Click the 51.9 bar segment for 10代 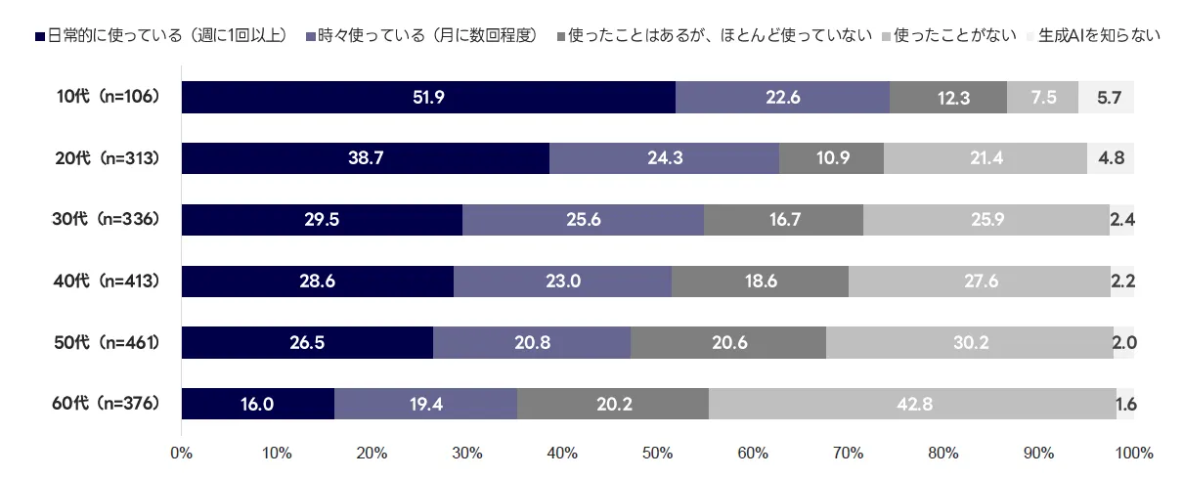click(x=428, y=98)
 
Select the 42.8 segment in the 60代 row click(x=912, y=404)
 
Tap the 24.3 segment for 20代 click(x=665, y=158)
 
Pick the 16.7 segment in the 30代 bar click(x=784, y=220)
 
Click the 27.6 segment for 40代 click(x=980, y=282)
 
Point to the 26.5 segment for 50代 click(x=307, y=342)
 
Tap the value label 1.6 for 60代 click(x=1125, y=404)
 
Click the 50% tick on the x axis click(x=658, y=454)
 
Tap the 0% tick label click(x=181, y=454)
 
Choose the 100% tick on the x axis click(x=1134, y=454)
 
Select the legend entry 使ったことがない click(x=949, y=36)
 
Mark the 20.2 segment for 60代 click(x=613, y=404)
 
